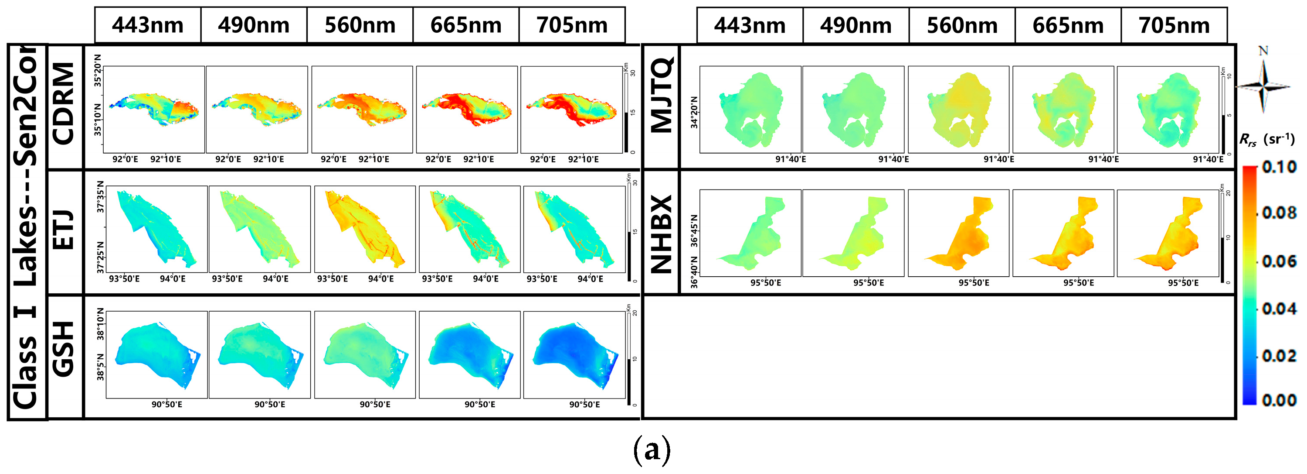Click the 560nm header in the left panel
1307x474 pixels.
click(x=360, y=25)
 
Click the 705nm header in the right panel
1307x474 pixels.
click(x=1174, y=25)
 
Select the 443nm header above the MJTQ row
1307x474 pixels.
click(x=750, y=25)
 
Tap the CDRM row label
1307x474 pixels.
click(x=65, y=104)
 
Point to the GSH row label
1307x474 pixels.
click(x=65, y=349)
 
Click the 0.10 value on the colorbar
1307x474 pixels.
click(x=1279, y=167)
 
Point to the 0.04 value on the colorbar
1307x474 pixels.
click(x=1279, y=309)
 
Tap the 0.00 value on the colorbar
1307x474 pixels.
click(x=1279, y=400)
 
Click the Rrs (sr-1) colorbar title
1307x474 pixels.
click(x=1266, y=139)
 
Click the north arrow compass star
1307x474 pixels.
click(x=1263, y=86)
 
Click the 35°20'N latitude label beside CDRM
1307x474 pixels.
click(x=98, y=71)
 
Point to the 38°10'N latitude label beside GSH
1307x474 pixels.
click(x=101, y=323)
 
